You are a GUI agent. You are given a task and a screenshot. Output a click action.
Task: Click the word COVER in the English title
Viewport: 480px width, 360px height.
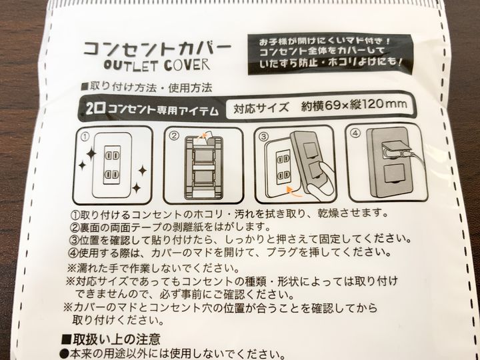[x=187, y=65]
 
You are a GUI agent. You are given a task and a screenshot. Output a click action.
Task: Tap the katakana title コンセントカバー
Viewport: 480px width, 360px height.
[x=157, y=49]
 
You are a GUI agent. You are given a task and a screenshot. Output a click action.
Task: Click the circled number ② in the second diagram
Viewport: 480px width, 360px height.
[x=174, y=135]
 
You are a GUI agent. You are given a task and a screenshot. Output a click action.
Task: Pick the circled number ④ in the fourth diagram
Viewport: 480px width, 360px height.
[x=356, y=133]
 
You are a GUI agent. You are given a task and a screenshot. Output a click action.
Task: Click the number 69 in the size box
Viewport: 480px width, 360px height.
[x=333, y=105]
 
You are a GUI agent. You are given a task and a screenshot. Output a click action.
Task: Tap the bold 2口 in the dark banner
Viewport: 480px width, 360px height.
[x=93, y=109]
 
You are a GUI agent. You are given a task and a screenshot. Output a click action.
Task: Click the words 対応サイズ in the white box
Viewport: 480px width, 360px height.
[x=261, y=108]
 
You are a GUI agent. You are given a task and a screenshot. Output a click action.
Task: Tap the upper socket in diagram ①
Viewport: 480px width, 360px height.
[x=112, y=156]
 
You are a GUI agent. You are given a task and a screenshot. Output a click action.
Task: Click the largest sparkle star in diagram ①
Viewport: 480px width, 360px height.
[x=91, y=154]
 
